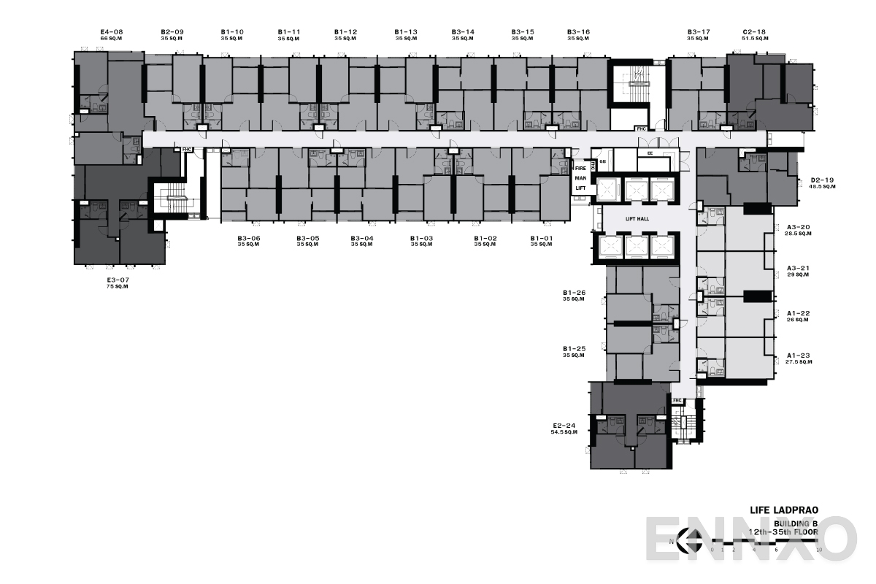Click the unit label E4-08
tap(112, 31)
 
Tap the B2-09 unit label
tap(172, 31)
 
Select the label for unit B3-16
tap(578, 31)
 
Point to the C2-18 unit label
tap(754, 31)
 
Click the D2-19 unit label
tap(823, 180)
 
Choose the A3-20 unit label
tap(799, 228)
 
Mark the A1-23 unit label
tap(799, 356)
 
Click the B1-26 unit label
tap(575, 293)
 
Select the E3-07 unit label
tap(119, 280)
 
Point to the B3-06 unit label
tap(249, 238)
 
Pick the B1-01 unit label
tap(542, 238)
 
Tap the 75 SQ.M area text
tap(118, 288)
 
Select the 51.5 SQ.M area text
tap(754, 38)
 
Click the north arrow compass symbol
tap(687, 540)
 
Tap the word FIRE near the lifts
tap(580, 169)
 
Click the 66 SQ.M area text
tap(112, 38)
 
